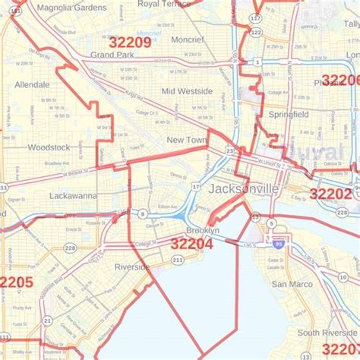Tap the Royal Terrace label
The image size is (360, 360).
click(164, 4)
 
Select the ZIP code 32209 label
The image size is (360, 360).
click(130, 42)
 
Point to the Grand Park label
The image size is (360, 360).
click(112, 55)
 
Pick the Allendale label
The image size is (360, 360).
click(32, 84)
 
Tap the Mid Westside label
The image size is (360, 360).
click(187, 90)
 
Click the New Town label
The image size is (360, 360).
click(186, 140)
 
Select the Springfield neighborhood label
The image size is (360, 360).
click(289, 114)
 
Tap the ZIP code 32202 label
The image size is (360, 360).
click(330, 194)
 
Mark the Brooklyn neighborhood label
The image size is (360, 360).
click(203, 229)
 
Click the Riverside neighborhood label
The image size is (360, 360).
click(132, 267)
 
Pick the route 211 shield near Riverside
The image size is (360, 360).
click(177, 260)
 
